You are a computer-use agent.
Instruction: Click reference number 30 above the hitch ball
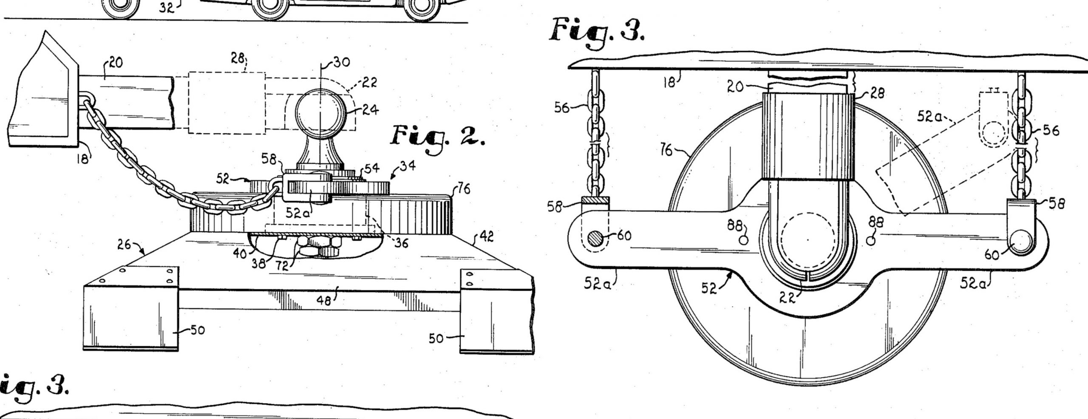click(341, 62)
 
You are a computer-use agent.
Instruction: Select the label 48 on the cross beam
click(325, 301)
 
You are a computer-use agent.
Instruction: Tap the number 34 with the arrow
click(407, 166)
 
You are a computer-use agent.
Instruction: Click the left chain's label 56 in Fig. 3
click(562, 108)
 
